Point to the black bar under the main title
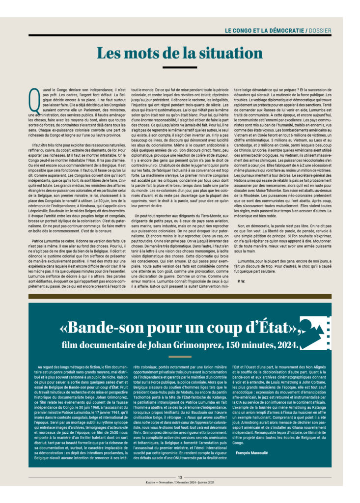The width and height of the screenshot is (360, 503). pos(179,67)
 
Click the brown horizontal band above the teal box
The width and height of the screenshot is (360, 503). pos(180,297)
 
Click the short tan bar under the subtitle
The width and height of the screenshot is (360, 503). pos(180,357)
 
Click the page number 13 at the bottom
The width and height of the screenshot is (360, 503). pos(180,476)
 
